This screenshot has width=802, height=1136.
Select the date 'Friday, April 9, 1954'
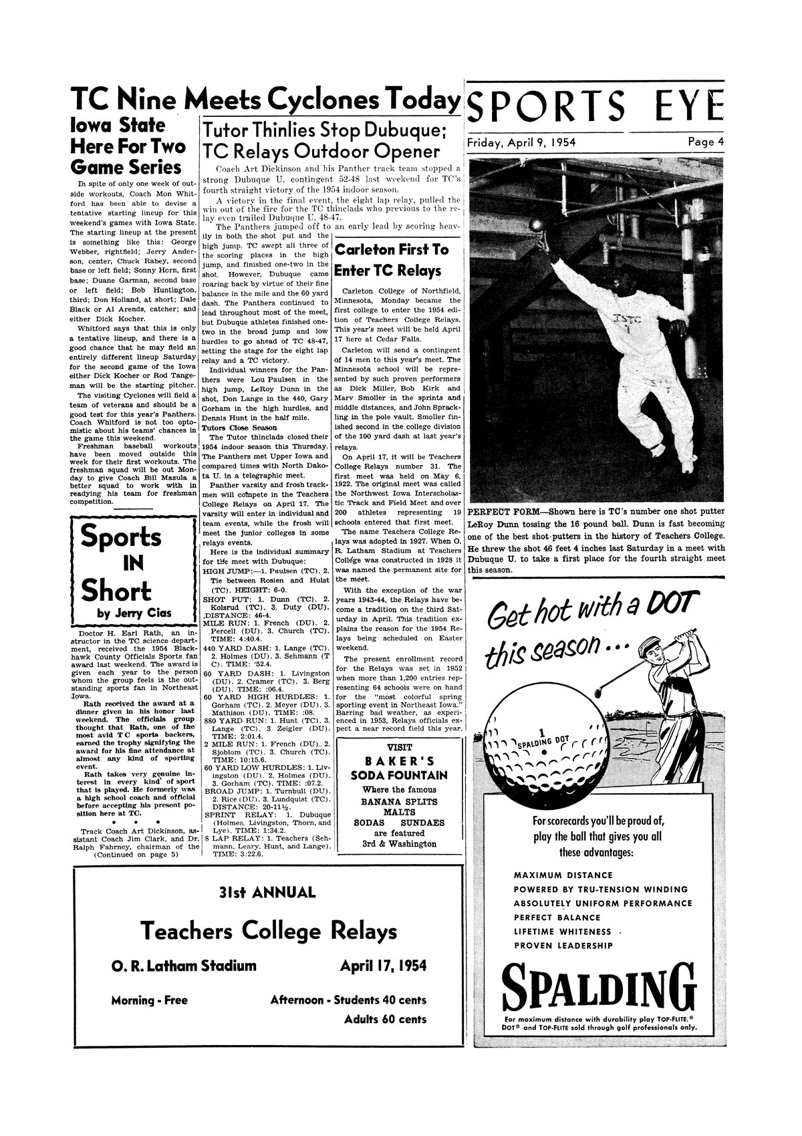517,142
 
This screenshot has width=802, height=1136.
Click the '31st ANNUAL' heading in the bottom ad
267,893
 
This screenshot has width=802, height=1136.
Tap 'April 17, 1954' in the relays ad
383,966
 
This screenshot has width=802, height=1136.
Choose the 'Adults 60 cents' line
385,1019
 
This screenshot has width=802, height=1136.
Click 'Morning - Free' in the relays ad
149,1000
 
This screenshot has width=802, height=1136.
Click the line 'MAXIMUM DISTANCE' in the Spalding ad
562,875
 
